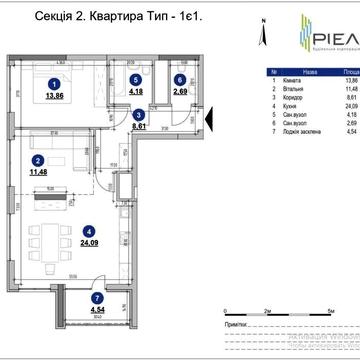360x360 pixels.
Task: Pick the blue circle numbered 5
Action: (x=135, y=78)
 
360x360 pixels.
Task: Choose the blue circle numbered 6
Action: (x=179, y=78)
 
